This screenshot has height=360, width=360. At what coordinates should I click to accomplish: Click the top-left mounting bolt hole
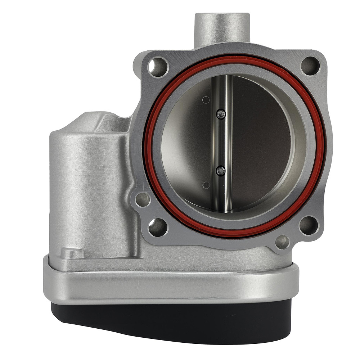158,67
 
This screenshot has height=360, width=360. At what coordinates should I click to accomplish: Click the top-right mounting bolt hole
310,66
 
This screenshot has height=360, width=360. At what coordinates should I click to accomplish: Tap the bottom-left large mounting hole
157,227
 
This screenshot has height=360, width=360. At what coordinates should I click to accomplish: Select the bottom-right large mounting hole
309,225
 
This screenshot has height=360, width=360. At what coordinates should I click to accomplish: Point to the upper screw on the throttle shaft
221,114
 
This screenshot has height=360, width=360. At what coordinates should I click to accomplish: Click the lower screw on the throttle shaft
221,171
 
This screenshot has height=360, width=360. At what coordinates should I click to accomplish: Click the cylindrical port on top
222,31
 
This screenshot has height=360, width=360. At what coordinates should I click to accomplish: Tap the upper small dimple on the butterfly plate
206,100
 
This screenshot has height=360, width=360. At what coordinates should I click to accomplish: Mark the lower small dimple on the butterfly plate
206,185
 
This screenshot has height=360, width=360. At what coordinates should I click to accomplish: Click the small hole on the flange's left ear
143,199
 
